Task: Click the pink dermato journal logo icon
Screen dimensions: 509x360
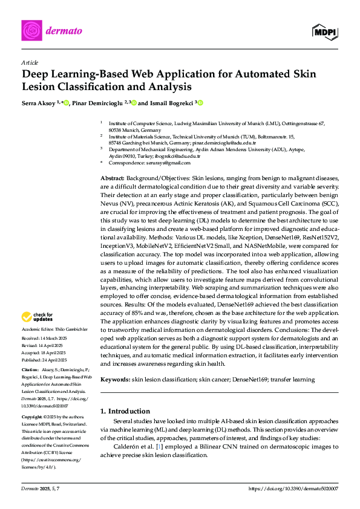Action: [31, 30]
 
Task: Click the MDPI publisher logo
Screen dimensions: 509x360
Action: [324, 31]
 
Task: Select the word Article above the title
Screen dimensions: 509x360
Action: [29, 62]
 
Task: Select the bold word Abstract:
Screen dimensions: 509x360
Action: [112, 180]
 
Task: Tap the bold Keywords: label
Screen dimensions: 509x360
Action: [115, 379]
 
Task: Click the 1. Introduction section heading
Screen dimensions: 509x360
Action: [125, 411]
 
